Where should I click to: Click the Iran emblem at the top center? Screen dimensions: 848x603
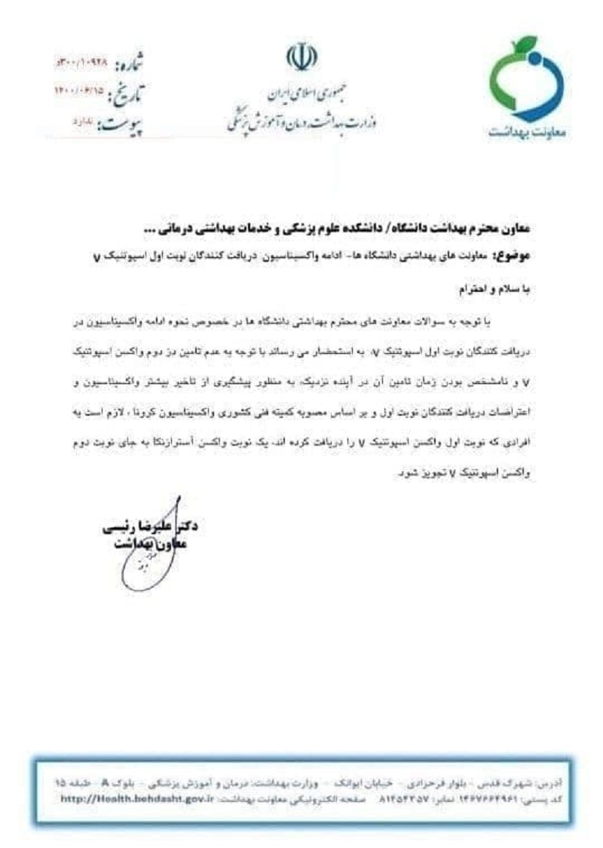301,58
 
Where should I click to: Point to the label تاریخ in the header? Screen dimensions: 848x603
128,94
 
